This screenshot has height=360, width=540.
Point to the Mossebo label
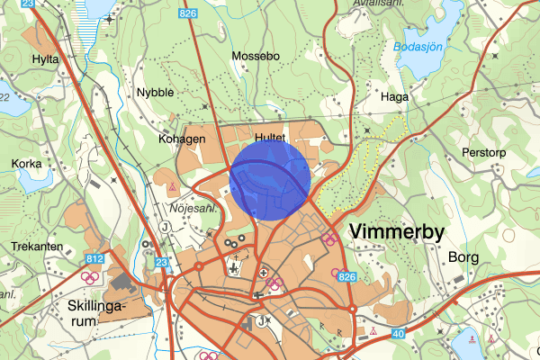tap(256, 56)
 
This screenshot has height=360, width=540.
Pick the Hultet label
tap(270, 137)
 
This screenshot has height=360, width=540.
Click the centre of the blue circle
tap(270, 177)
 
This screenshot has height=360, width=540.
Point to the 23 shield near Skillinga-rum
tap(163, 263)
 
